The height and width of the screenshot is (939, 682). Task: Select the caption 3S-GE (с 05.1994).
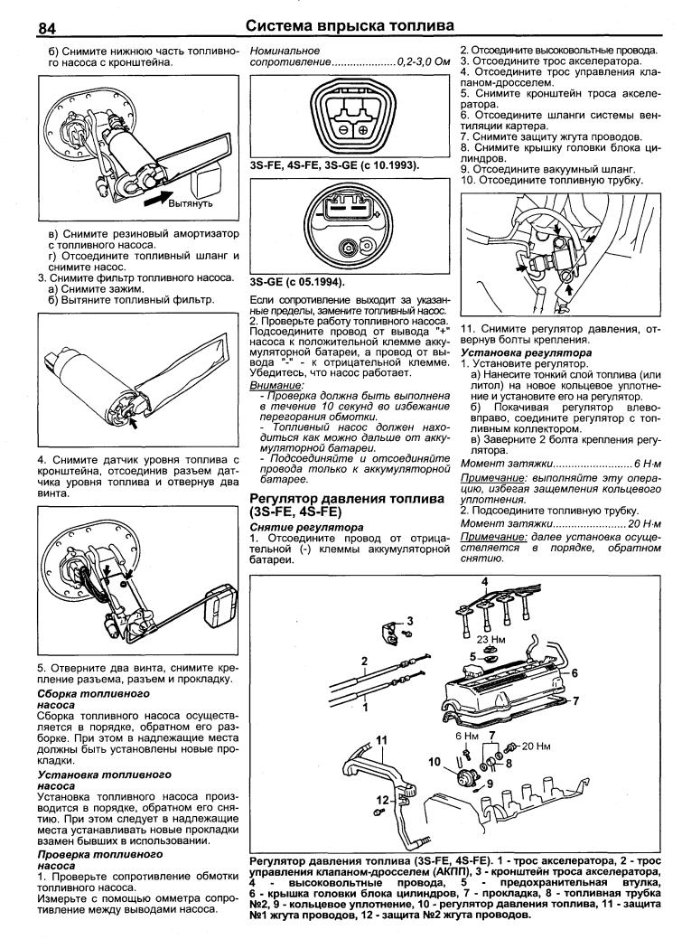point(298,281)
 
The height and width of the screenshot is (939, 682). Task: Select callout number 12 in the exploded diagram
point(383,799)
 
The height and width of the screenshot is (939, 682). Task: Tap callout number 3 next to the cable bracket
point(409,621)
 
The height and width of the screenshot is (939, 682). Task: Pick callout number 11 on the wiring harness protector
point(383,739)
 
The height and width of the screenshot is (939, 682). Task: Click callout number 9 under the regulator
point(490,782)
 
